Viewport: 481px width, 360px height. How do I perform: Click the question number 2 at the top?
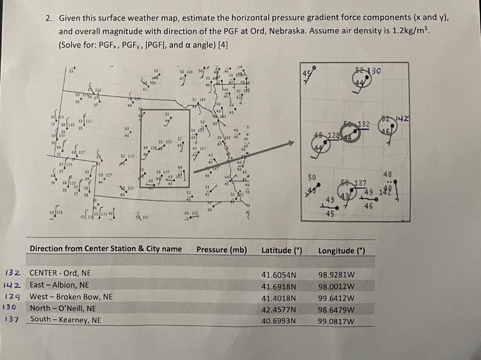click(48, 18)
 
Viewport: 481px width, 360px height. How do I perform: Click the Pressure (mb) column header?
click(222, 250)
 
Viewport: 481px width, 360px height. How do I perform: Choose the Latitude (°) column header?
click(281, 250)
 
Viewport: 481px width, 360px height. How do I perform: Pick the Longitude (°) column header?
click(341, 250)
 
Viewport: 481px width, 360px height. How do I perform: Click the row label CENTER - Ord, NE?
click(60, 273)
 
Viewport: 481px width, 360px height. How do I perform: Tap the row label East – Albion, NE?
click(59, 285)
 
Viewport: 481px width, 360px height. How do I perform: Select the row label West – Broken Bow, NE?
click(71, 297)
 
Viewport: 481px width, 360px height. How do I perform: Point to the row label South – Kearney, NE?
click(66, 320)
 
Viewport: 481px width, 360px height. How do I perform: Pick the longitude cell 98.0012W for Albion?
click(336, 286)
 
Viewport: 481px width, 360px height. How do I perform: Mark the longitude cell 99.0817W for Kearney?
click(336, 321)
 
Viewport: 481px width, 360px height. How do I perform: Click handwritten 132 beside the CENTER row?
click(13, 273)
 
